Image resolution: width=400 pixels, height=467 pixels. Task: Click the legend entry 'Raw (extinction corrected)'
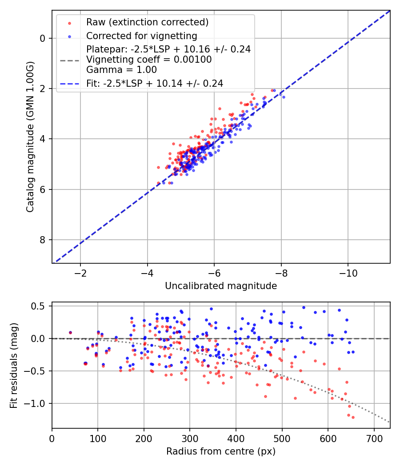147,22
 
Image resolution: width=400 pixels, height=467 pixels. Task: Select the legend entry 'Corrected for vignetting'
142,36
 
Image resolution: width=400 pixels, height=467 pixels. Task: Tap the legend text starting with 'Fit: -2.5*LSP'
155,83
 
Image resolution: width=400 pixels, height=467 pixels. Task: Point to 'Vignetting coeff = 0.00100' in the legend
149,60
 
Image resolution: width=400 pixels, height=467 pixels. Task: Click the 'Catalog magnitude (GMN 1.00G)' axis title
30,137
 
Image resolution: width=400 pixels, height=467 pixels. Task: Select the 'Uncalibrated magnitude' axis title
221,286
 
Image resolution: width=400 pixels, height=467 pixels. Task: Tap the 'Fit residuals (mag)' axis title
13,365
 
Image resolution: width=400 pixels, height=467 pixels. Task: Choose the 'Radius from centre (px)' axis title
221,451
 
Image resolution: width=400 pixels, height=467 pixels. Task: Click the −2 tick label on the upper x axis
80,272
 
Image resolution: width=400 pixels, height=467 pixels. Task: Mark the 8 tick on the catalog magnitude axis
42,240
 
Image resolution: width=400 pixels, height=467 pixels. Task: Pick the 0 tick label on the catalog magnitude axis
42,38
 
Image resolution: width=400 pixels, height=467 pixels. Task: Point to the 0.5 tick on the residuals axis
40,306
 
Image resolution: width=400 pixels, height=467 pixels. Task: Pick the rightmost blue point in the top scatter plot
284,97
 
